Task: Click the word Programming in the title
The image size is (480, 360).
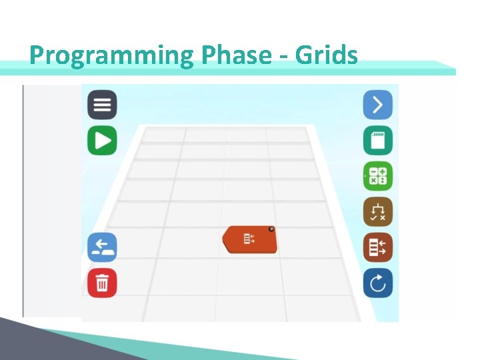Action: pos(111,55)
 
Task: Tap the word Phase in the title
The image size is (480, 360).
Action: pos(233,55)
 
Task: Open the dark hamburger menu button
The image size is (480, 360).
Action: pos(102,105)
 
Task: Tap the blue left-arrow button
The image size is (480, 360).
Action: pos(102,247)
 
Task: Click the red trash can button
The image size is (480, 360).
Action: pos(102,283)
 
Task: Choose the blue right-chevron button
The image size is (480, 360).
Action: pos(377,105)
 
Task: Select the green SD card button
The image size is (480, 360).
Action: pos(377,141)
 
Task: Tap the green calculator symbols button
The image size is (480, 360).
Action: pos(377,177)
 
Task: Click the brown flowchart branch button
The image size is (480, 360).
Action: pos(377,212)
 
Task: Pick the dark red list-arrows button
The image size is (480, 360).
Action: pos(377,247)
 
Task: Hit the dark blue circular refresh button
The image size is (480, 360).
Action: pos(377,283)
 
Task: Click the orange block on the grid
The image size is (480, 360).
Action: pos(250,240)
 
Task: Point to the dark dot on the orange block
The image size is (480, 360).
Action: pos(271,229)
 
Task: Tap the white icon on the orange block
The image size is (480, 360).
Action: pos(249,239)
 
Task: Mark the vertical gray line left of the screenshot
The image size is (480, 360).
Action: pos(23,200)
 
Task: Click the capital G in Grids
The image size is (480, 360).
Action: pos(304,55)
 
